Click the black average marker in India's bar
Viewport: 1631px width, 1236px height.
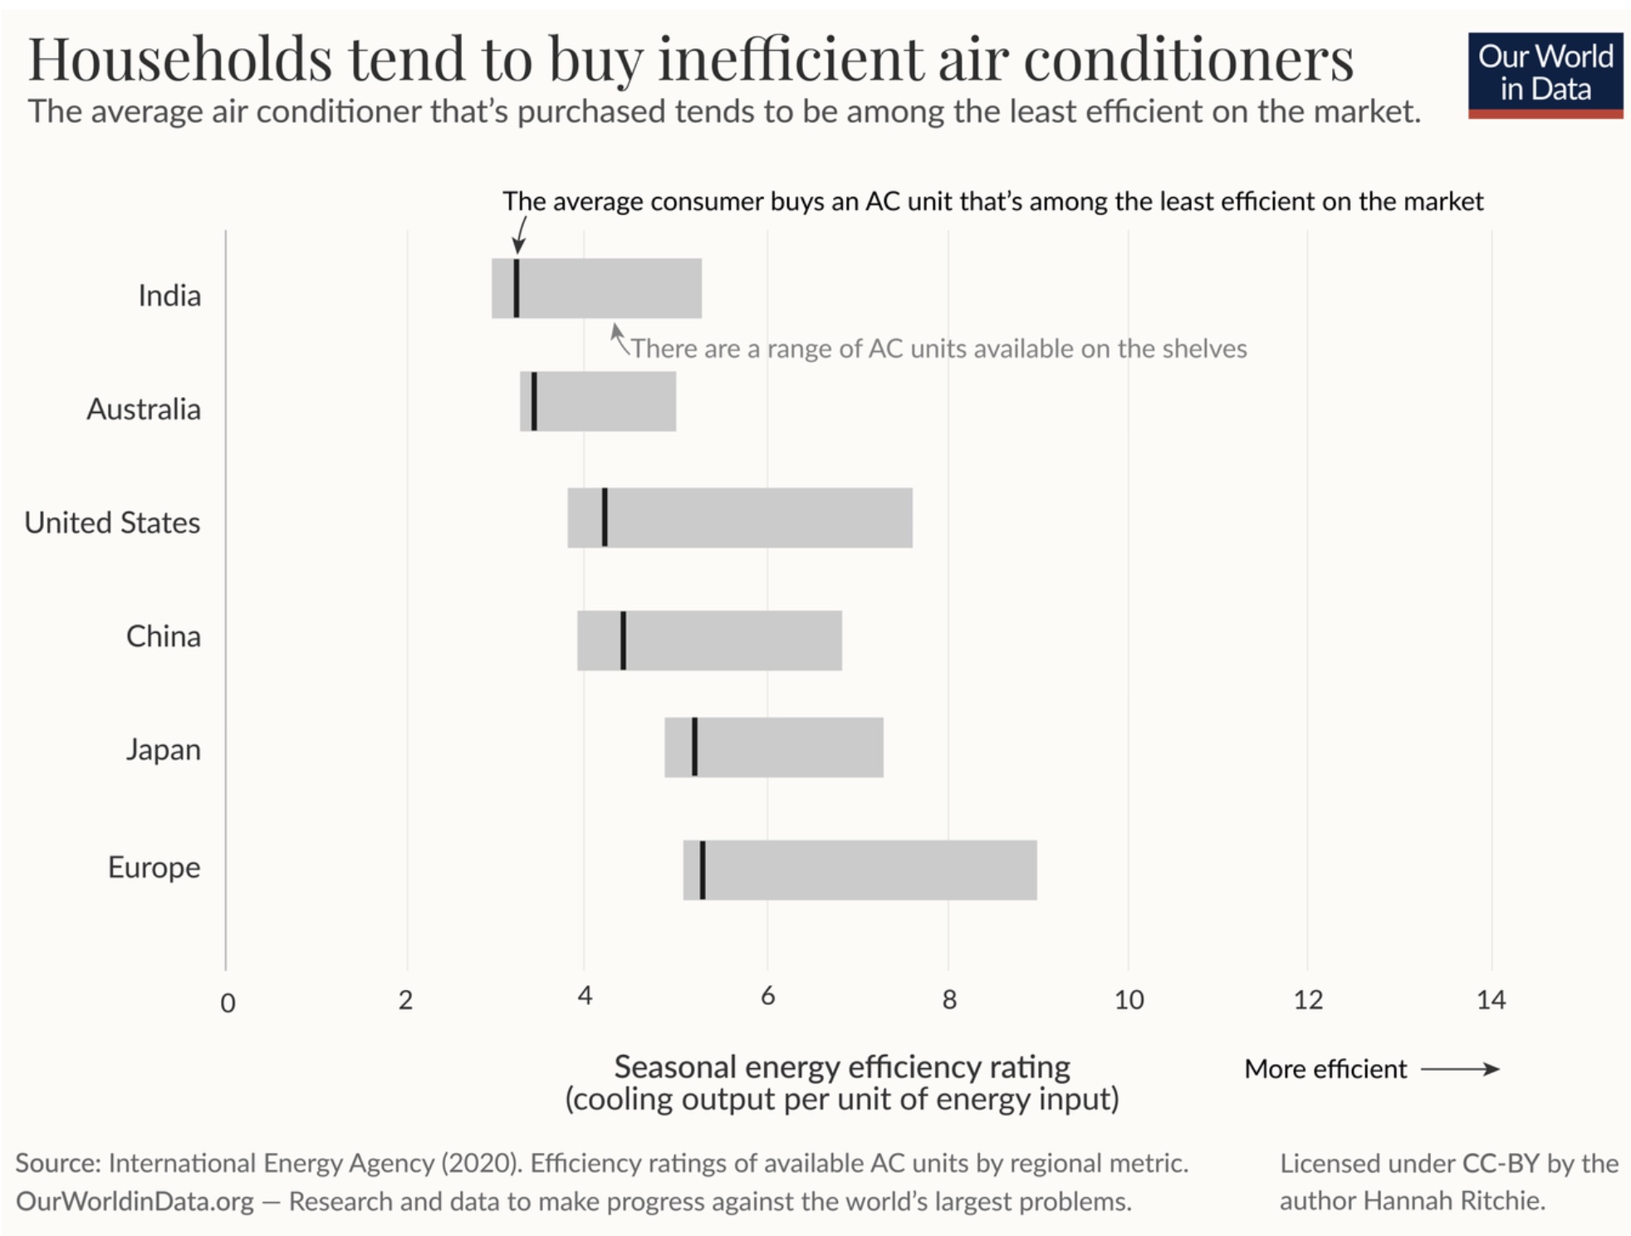point(517,288)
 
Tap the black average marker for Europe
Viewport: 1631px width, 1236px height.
point(703,870)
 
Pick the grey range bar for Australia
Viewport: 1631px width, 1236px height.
point(606,401)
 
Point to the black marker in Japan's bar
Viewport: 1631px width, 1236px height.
point(694,747)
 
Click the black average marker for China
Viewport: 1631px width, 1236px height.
point(623,640)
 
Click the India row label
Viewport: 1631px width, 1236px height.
point(169,296)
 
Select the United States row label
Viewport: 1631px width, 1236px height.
point(112,522)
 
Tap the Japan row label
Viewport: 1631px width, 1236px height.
point(164,749)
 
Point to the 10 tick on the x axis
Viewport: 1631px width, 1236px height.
point(1129,999)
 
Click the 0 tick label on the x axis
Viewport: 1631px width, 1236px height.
point(228,1003)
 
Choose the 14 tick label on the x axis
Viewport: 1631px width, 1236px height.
point(1491,999)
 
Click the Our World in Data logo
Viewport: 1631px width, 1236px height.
point(1545,75)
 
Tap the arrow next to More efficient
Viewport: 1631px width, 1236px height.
point(1460,1069)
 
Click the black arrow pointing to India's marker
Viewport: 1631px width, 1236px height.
point(520,235)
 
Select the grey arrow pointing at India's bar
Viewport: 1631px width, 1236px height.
point(619,337)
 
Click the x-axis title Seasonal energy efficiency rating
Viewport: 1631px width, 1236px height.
point(841,1067)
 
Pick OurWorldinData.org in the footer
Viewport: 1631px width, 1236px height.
point(135,1201)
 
